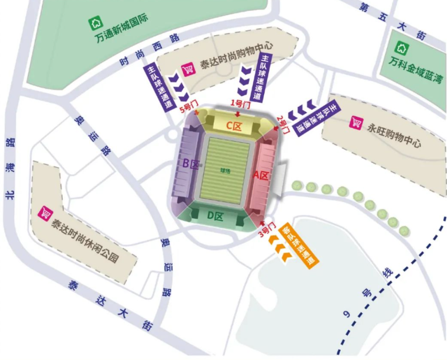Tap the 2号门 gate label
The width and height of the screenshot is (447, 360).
(x=284, y=124)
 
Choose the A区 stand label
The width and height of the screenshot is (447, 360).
(x=261, y=175)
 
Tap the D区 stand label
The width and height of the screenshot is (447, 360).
(x=215, y=216)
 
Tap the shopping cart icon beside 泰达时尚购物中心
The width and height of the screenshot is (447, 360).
(x=188, y=69)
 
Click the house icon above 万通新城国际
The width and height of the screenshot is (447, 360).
(x=96, y=23)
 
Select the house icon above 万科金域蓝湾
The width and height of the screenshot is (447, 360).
(x=402, y=48)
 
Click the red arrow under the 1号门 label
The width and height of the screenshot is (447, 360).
(x=238, y=114)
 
